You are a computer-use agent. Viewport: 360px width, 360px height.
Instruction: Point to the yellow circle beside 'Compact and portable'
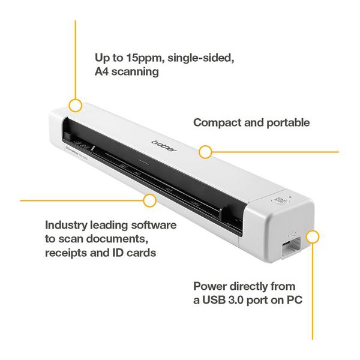(x=205, y=152)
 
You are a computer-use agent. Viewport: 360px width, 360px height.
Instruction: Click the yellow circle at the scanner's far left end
(x=75, y=106)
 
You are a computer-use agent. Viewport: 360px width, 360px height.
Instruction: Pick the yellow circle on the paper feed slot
(x=149, y=199)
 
